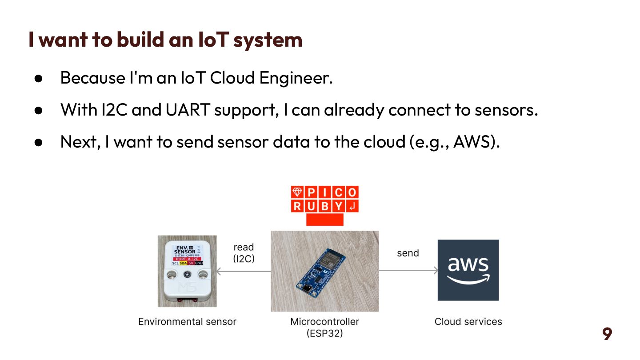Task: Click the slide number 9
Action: point(607,334)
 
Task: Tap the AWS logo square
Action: point(468,270)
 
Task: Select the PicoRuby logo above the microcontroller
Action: point(324,205)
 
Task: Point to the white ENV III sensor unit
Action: point(187,271)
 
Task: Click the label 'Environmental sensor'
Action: point(187,321)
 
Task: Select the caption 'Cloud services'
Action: point(468,321)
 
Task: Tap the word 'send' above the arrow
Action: point(408,253)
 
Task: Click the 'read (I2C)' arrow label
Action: point(244,252)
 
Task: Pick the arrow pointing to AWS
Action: point(408,270)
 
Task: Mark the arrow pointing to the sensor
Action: point(244,271)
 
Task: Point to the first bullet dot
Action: point(38,78)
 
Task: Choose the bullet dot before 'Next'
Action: point(38,142)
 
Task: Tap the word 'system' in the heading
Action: point(268,39)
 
